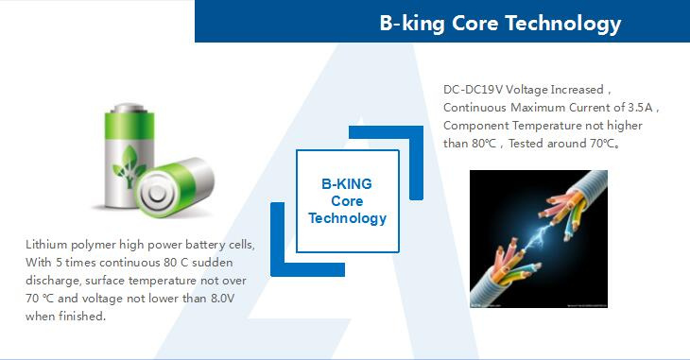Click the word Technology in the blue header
[x=562, y=24]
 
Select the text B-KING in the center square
[x=347, y=184]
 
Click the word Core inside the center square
[x=347, y=201]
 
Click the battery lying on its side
[x=175, y=186]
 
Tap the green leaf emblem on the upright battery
[x=128, y=166]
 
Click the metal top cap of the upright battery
[x=129, y=109]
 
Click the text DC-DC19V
[x=473, y=90]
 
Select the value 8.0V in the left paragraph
[x=223, y=299]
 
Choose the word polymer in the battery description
[x=94, y=246]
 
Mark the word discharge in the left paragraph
[x=53, y=282]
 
